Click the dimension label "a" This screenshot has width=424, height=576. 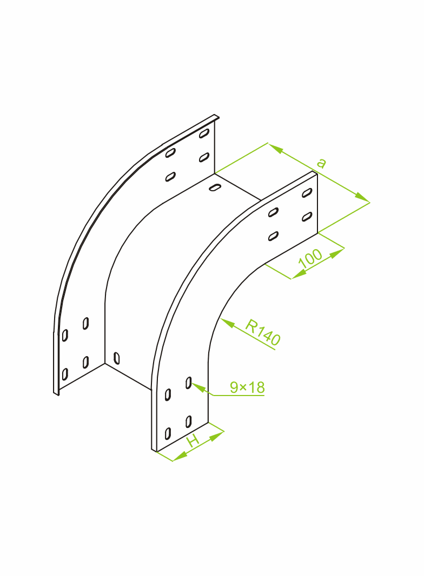pos(321,163)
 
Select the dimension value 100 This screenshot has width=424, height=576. pos(310,258)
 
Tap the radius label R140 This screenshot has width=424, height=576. pos(263,332)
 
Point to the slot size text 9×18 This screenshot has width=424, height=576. pos(247,387)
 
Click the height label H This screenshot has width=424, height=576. pos(193,440)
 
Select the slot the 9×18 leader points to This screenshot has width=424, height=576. pos(188,383)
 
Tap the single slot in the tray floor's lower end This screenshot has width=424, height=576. pos(117,358)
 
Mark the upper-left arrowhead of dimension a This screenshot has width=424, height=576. pos(275,148)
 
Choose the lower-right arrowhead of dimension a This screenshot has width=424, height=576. pos(362,198)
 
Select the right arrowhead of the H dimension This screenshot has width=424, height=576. pos(217,436)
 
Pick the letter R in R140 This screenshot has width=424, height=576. pos(251,325)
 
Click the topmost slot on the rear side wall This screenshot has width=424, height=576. pos(204,133)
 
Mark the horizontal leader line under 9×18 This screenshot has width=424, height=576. pos(239,396)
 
